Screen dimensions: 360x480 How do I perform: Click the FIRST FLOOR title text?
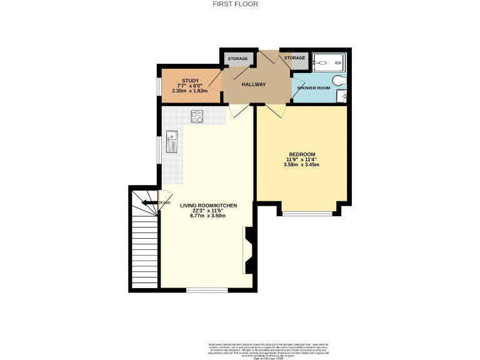pos(240,4)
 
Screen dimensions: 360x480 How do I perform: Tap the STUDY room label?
pos(190,81)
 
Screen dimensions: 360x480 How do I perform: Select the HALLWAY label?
pos(254,84)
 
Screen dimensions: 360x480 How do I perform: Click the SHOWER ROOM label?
pos(313,87)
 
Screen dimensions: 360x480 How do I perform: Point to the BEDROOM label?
pos(302,154)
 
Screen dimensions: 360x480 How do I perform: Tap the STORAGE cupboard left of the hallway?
pos(237,59)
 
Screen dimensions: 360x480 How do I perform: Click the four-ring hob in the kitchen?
pos(197,116)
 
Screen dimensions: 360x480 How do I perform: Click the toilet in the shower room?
pos(339,80)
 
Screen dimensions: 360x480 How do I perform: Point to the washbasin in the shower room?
pos(341,96)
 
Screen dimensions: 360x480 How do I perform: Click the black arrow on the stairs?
pos(149,202)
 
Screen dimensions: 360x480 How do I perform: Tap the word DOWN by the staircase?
pos(164,202)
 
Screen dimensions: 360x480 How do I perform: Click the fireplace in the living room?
pos(248,250)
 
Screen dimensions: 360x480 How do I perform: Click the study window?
pos(158,87)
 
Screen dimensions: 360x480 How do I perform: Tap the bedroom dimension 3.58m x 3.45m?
pos(302,165)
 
